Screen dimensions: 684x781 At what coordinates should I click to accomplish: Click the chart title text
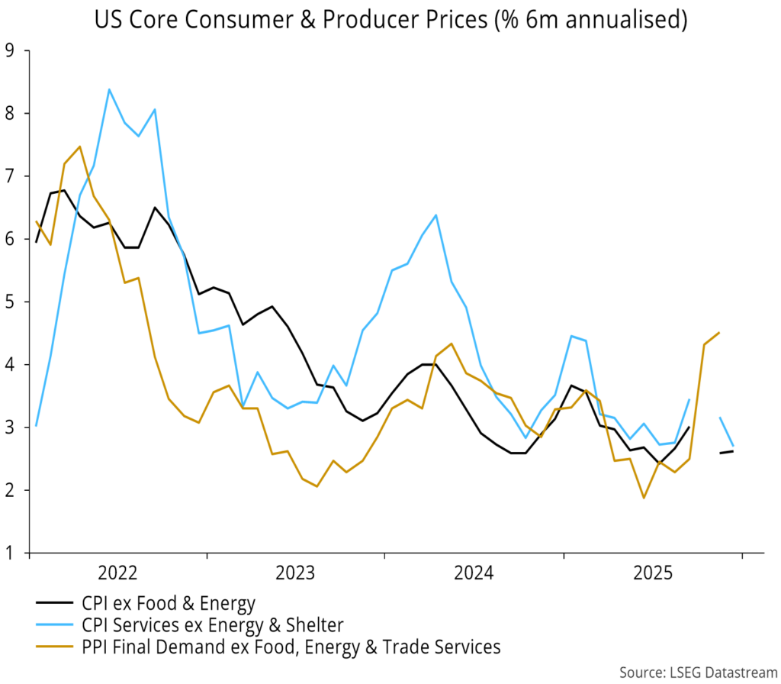(390, 21)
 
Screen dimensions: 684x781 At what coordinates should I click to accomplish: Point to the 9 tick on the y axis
(10, 51)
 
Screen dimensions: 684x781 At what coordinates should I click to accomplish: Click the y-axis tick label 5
(10, 302)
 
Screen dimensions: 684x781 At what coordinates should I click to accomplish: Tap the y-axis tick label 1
(10, 553)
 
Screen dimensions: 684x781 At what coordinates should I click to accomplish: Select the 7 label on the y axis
(10, 176)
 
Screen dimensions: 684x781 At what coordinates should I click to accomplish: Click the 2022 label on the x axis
(118, 573)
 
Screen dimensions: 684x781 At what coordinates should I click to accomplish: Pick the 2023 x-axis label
(296, 573)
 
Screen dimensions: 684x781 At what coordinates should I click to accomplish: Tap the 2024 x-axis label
(474, 573)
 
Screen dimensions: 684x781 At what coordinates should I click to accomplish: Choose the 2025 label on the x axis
(653, 573)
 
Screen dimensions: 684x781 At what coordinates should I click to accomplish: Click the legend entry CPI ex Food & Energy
(168, 605)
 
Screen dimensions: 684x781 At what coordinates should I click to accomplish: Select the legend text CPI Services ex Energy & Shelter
(212, 626)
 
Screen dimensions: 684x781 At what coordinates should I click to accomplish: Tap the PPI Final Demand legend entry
(291, 647)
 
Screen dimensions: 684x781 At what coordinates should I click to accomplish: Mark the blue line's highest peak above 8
(109, 89)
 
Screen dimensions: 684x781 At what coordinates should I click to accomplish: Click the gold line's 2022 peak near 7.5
(79, 147)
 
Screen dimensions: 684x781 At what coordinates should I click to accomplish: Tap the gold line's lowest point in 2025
(644, 498)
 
